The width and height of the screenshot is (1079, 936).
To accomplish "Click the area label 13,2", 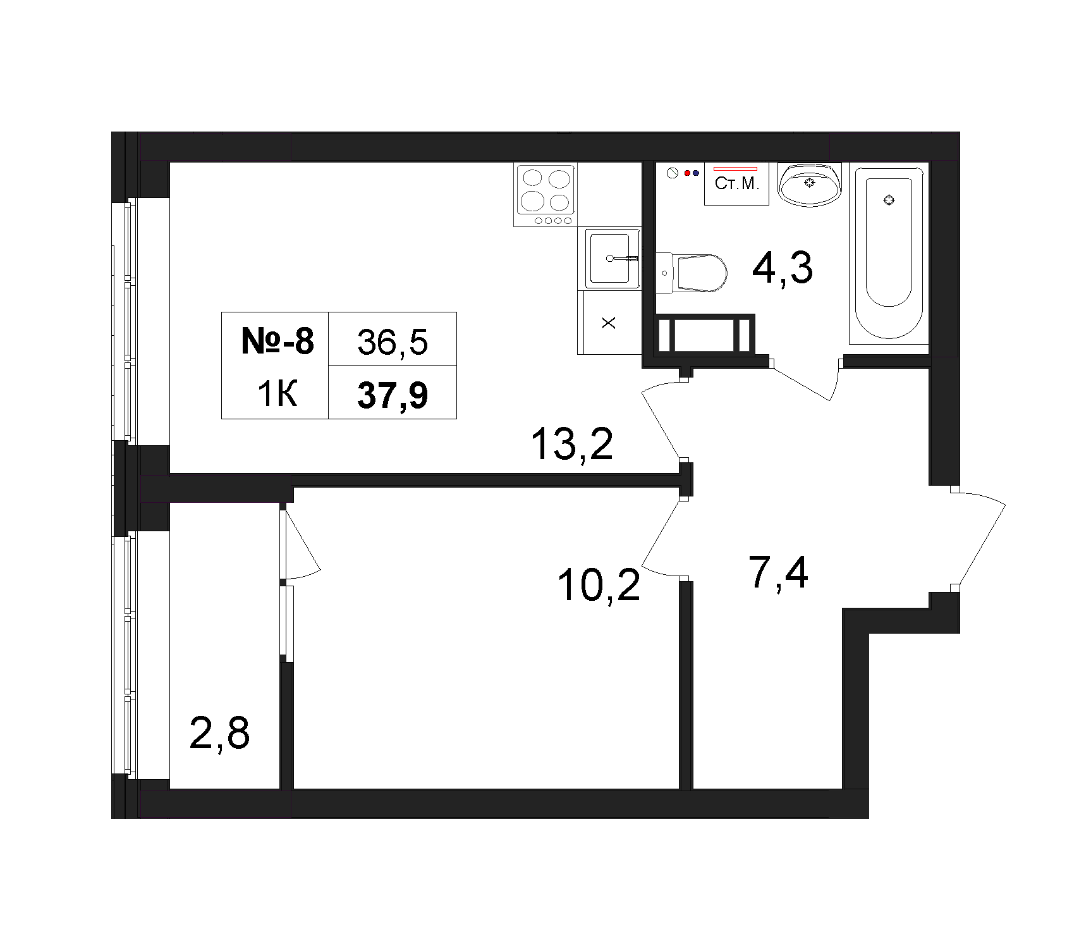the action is click(x=572, y=445).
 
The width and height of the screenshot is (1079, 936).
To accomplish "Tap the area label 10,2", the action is click(x=599, y=586).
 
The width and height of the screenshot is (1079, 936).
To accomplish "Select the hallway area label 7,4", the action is click(x=778, y=572).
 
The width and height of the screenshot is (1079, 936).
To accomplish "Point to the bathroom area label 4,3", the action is click(x=782, y=269).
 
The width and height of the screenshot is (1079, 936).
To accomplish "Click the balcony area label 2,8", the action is click(x=219, y=733).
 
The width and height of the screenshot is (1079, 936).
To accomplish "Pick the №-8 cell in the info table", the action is click(x=277, y=342).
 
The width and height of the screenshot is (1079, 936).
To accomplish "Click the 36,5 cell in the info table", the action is click(x=393, y=342).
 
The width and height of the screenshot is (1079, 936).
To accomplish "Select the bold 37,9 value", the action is click(x=393, y=395).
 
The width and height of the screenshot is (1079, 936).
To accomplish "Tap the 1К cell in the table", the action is click(x=277, y=395).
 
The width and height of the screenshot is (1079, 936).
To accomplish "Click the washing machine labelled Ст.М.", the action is click(x=737, y=183).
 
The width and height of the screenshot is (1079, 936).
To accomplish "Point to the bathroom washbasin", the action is click(x=810, y=184).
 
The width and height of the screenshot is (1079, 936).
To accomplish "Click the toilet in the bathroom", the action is click(x=691, y=273).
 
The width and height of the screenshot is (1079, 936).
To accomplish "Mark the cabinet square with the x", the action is click(x=609, y=323).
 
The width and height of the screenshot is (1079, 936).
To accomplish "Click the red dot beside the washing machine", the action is click(x=687, y=172).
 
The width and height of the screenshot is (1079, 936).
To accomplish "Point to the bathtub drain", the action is click(x=889, y=200).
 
